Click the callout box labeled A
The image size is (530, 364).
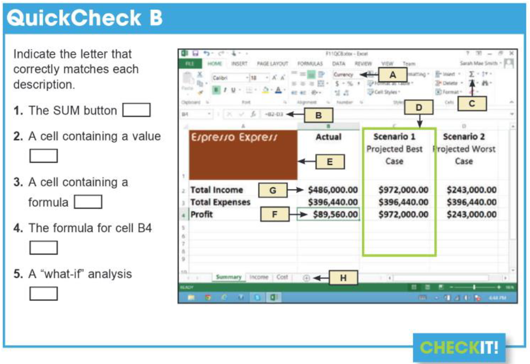[393, 75]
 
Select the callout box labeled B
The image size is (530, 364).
[318, 115]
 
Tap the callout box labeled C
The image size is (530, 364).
[472, 104]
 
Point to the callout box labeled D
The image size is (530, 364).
[418, 107]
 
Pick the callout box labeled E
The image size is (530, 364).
[330, 161]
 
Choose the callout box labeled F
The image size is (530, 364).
[275, 214]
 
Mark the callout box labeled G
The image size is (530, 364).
[272, 190]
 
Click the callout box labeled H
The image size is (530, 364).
[343, 278]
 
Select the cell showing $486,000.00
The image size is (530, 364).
[332, 190]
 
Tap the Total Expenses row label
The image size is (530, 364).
[220, 202]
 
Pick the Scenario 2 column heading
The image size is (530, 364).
[464, 136]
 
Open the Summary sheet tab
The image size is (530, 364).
[228, 277]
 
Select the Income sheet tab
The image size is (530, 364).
[258, 277]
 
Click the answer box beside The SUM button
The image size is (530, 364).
[136, 110]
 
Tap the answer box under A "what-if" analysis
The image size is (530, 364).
[43, 294]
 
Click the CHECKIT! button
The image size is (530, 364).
[459, 347]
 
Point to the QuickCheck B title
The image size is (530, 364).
[85, 18]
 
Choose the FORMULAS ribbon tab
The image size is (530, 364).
[310, 64]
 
